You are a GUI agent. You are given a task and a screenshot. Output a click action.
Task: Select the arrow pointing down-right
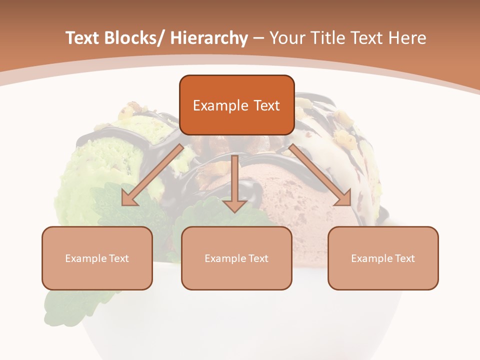point(320,175)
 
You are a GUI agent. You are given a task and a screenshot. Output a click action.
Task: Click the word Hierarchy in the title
point(209,38)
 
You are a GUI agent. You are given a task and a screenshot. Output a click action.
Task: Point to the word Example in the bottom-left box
point(85,258)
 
